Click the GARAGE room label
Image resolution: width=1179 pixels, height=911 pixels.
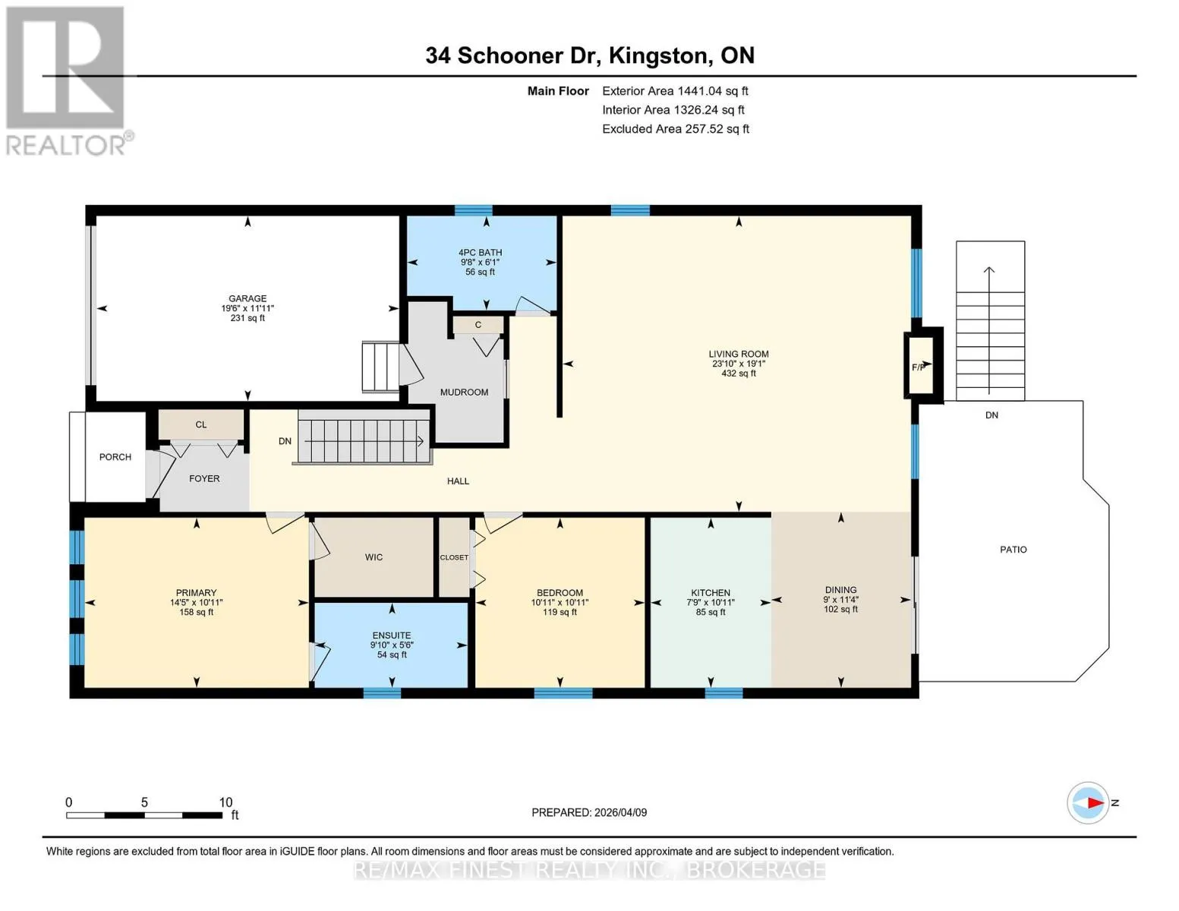pos(247,298)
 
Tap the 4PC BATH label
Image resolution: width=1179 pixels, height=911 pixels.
pos(480,252)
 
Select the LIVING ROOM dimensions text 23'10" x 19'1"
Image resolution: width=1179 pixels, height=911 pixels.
pos(739,364)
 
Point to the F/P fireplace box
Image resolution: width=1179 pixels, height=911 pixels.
pos(921,364)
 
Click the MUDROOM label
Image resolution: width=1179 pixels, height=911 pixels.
pos(464,392)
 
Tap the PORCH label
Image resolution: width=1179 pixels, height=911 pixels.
pos(115,457)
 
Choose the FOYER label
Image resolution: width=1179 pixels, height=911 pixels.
pos(204,478)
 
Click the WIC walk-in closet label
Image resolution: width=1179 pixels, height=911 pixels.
pos(374,557)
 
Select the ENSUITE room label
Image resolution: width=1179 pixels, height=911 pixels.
pos(392,635)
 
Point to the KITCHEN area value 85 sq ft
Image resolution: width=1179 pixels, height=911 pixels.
pos(711,612)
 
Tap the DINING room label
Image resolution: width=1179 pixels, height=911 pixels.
pos(841,590)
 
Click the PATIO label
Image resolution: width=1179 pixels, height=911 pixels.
pos(1013,550)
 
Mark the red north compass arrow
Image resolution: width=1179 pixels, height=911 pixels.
pos(1095,802)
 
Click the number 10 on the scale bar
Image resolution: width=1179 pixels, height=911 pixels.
pos(225,802)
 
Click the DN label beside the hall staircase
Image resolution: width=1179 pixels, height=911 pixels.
pos(285,441)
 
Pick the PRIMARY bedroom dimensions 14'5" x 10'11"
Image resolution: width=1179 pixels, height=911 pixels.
pos(197,602)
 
